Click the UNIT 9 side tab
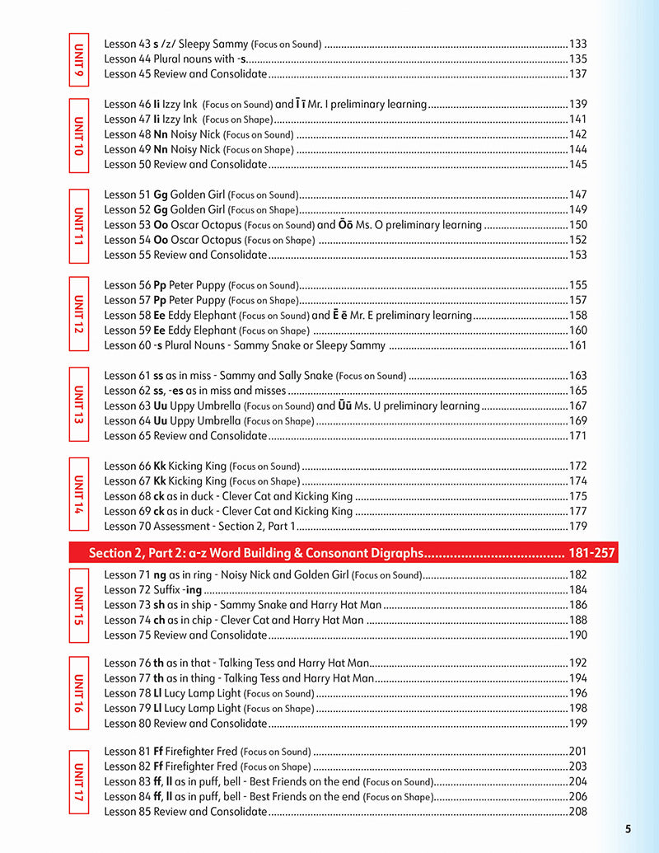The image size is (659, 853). [x=78, y=59]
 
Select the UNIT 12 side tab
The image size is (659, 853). [x=78, y=315]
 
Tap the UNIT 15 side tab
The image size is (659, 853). [x=78, y=605]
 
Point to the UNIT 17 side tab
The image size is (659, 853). [x=78, y=781]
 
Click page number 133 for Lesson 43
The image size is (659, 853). [x=577, y=44]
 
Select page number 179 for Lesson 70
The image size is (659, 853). [x=577, y=526]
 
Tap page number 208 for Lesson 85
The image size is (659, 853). [x=577, y=811]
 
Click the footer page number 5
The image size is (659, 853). [x=628, y=829]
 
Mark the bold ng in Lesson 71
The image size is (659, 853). [x=160, y=574]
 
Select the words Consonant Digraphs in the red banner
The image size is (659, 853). [x=363, y=553]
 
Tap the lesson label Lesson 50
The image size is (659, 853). [x=127, y=164]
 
